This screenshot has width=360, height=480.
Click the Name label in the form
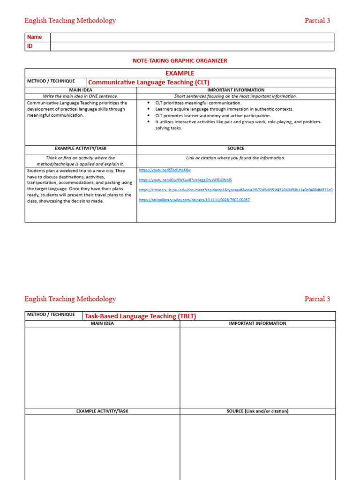34,37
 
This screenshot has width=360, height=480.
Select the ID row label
30,46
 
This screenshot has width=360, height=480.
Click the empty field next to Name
192,37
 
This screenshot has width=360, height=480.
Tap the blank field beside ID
192,46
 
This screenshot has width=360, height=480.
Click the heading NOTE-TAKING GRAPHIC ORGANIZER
180,61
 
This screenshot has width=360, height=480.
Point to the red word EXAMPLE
180,73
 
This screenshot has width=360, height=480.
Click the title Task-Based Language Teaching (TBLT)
140,316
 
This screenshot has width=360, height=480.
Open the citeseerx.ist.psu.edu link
236,190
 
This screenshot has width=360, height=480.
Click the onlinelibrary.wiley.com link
195,200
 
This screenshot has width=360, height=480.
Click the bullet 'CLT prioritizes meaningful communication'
198,103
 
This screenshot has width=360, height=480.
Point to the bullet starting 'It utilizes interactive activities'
238,122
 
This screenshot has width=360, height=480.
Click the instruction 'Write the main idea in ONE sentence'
81,96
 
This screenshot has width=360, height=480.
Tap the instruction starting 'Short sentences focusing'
236,96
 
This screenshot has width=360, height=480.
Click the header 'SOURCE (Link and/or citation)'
257,411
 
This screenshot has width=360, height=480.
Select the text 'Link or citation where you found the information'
236,158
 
